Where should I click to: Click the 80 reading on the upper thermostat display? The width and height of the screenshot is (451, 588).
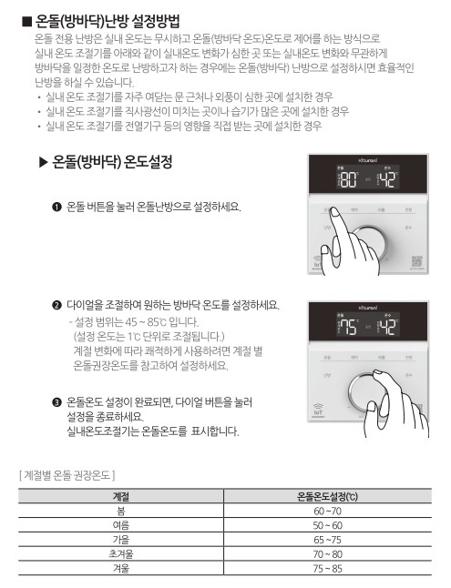coord(348,178)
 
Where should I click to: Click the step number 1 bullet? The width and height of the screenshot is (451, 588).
coord(56,208)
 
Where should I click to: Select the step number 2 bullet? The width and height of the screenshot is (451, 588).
coord(56,305)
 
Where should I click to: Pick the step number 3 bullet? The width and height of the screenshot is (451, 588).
coord(56,400)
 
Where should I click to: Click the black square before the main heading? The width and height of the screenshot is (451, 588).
coord(26,20)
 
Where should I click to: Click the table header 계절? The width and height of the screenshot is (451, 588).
coord(119,498)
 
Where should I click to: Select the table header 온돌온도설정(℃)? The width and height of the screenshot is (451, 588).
coord(327,498)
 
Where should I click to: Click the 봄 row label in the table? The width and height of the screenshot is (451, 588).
coord(119,512)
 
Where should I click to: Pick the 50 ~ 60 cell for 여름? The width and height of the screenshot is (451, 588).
coord(327,526)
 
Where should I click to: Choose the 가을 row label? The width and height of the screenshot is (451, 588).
coord(119,540)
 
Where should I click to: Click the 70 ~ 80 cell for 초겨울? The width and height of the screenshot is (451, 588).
coord(327,553)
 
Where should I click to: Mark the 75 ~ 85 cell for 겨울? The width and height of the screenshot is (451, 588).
coord(327,568)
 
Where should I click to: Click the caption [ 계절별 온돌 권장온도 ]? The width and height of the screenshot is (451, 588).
coord(67,475)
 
